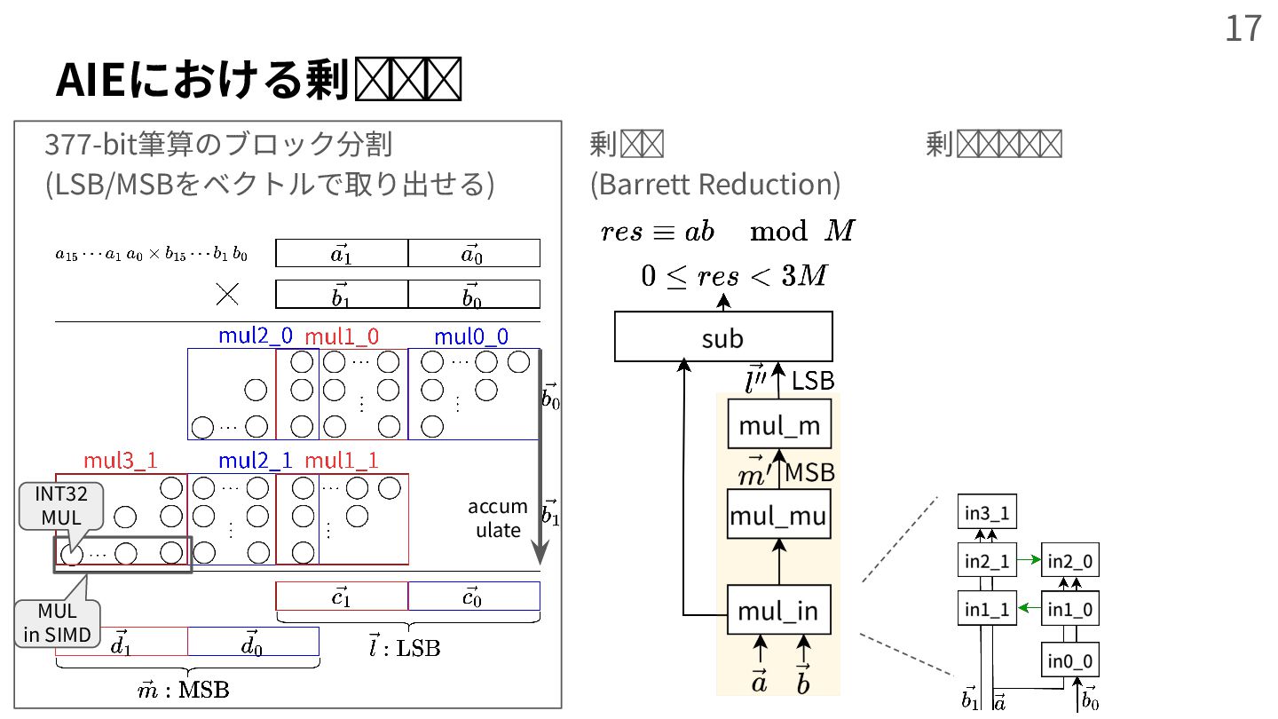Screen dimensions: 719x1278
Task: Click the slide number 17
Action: tap(1242, 28)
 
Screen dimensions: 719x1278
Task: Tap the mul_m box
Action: tap(779, 425)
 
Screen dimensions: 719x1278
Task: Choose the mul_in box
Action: tap(779, 611)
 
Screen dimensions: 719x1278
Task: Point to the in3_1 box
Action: tap(987, 513)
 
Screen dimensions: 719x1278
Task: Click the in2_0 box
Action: tap(1069, 560)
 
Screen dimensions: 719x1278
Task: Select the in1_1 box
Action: tap(987, 609)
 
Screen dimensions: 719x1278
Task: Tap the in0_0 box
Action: tap(1069, 660)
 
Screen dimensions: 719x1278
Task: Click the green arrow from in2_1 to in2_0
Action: tap(1028, 560)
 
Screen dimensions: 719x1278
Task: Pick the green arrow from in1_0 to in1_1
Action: tap(1028, 608)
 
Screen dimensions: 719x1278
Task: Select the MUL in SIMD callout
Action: tap(57, 622)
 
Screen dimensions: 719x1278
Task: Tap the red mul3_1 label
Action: tap(120, 461)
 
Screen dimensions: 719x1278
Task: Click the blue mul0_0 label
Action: tap(471, 336)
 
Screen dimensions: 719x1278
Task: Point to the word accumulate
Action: tap(498, 518)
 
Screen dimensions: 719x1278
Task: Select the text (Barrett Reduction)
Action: tap(714, 184)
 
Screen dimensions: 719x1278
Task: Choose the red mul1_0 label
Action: tap(342, 336)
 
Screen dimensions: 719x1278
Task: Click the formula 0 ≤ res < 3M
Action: tap(733, 276)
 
